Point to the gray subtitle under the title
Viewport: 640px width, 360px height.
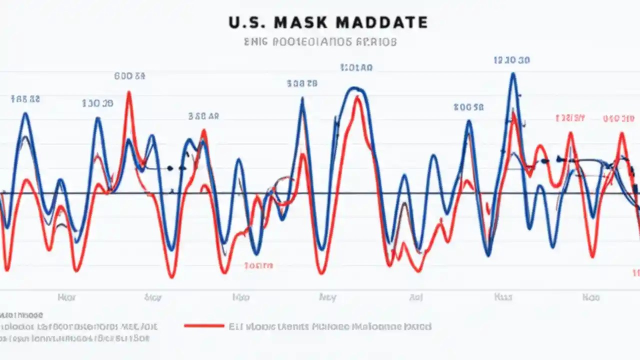click(x=320, y=42)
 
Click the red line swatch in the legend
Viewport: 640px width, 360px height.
click(x=204, y=326)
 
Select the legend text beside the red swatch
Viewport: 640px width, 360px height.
click(x=329, y=326)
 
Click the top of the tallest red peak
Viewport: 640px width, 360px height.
click(x=129, y=92)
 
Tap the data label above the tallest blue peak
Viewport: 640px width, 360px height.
click(x=511, y=60)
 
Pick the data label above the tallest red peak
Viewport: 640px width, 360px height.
click(x=129, y=76)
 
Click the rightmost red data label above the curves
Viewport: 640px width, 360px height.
click(x=618, y=118)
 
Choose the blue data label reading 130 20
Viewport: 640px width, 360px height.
click(x=97, y=103)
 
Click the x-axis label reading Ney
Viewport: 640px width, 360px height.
click(x=327, y=297)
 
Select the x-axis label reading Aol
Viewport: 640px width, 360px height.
click(x=416, y=297)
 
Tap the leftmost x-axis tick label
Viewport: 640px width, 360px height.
click(x=66, y=297)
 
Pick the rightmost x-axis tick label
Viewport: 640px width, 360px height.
click(x=590, y=297)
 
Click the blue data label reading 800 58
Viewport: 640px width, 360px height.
click(x=468, y=107)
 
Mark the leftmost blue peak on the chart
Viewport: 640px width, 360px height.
click(x=25, y=114)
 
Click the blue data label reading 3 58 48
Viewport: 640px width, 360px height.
click(x=203, y=116)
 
